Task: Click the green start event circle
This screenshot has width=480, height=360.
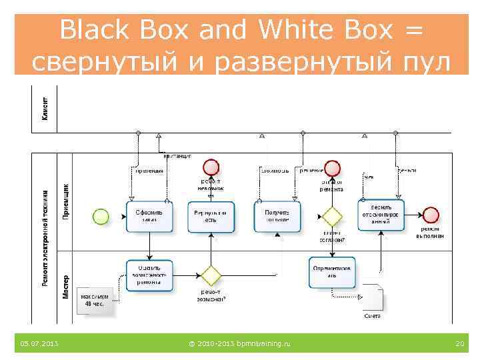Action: (101, 217)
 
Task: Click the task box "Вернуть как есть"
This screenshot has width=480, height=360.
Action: (211, 217)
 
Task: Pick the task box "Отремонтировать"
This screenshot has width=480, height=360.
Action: (333, 272)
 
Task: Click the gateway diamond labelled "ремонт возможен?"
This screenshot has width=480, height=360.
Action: (211, 275)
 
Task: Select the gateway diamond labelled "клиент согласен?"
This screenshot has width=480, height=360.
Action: (331, 217)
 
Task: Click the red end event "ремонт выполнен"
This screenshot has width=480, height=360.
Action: (431, 215)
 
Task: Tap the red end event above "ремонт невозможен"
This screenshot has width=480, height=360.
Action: (211, 167)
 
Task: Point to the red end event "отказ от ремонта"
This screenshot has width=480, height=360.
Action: (331, 168)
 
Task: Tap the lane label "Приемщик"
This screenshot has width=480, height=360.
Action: (65, 201)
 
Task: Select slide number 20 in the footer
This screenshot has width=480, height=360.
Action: (459, 343)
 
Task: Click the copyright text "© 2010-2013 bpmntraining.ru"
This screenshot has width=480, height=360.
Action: (239, 343)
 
